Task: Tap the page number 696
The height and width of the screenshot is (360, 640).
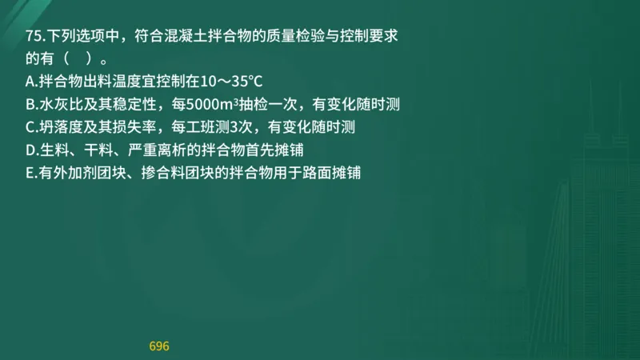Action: (159, 346)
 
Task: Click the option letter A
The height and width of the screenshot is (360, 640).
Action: (30, 81)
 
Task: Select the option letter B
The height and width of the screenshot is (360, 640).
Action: (30, 104)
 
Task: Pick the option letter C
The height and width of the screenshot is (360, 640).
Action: (30, 126)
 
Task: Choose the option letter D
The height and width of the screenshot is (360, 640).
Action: (30, 150)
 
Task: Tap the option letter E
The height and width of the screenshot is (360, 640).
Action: (30, 172)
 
